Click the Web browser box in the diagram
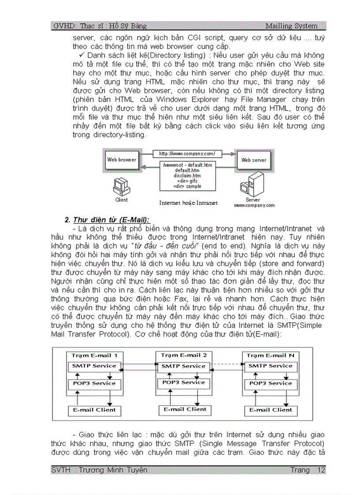pos(122,160)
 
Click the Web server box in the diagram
pos(254,160)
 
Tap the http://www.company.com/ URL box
pos(187,153)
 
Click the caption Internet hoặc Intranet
pos(188,203)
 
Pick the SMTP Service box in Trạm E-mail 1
pos(94,366)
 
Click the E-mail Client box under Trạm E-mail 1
pos(94,410)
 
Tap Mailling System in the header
pos(291,26)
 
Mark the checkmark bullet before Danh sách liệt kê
pos(82,56)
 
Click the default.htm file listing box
pos(188,175)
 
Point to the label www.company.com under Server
pos(254,205)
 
